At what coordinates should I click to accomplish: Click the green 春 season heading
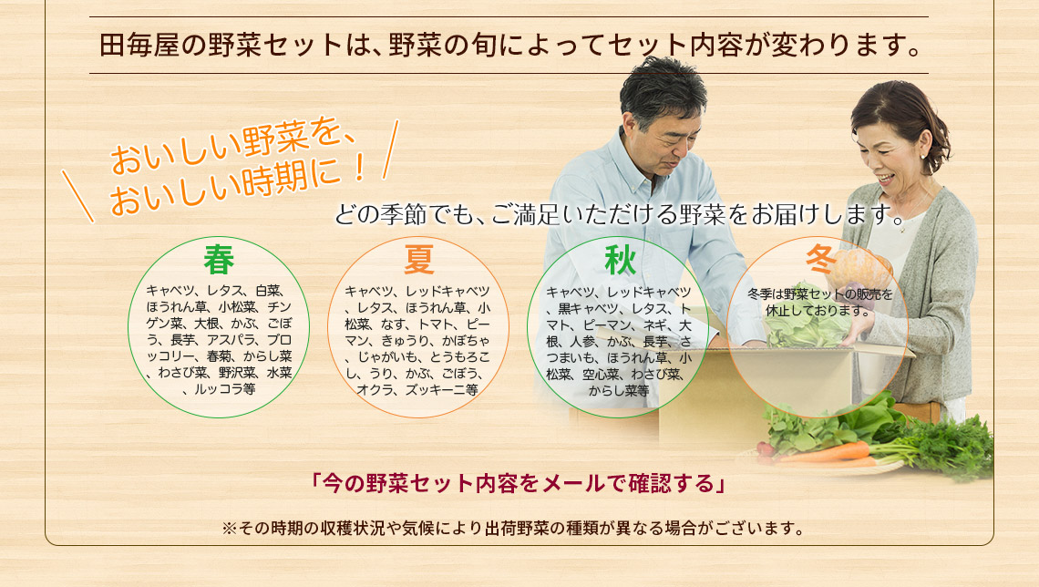pyautogui.click(x=219, y=260)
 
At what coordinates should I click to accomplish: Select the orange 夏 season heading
pyautogui.click(x=418, y=260)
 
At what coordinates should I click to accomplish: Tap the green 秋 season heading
pyautogui.click(x=621, y=261)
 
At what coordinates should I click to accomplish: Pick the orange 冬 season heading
pyautogui.click(x=820, y=259)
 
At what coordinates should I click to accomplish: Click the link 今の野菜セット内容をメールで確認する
pyautogui.click(x=519, y=483)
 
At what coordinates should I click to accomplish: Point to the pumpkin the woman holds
pyautogui.click(x=859, y=271)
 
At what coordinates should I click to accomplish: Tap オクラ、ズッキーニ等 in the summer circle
pyautogui.click(x=417, y=390)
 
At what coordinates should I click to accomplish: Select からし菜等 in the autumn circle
pyautogui.click(x=619, y=391)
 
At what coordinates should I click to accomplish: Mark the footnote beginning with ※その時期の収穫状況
pyautogui.click(x=513, y=529)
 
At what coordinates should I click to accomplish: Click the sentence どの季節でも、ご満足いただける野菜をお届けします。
pyautogui.click(x=621, y=215)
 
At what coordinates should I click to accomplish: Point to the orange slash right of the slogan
pyautogui.click(x=391, y=149)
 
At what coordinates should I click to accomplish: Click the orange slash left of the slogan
pyautogui.click(x=78, y=196)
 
